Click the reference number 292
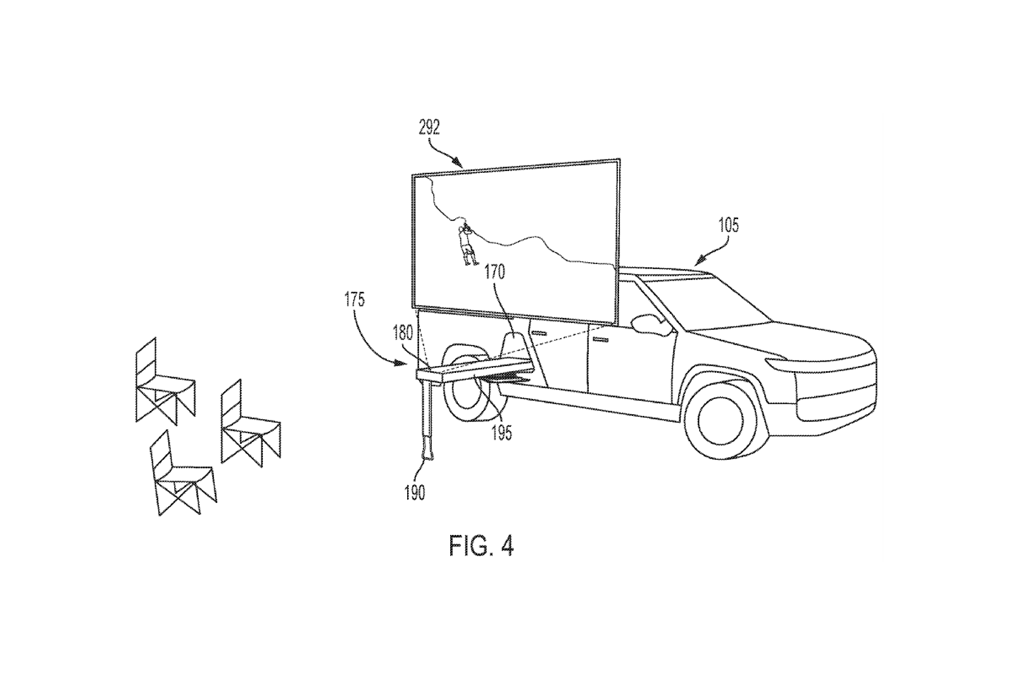click(429, 128)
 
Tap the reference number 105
click(728, 225)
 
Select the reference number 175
click(354, 300)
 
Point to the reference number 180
click(403, 333)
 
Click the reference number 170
click(494, 272)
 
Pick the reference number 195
click(501, 433)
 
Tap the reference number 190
click(415, 493)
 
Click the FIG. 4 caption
click(481, 546)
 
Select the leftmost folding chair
click(165, 382)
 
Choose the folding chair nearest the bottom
click(183, 473)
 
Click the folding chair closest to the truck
click(249, 423)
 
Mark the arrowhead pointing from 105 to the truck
click(700, 260)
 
